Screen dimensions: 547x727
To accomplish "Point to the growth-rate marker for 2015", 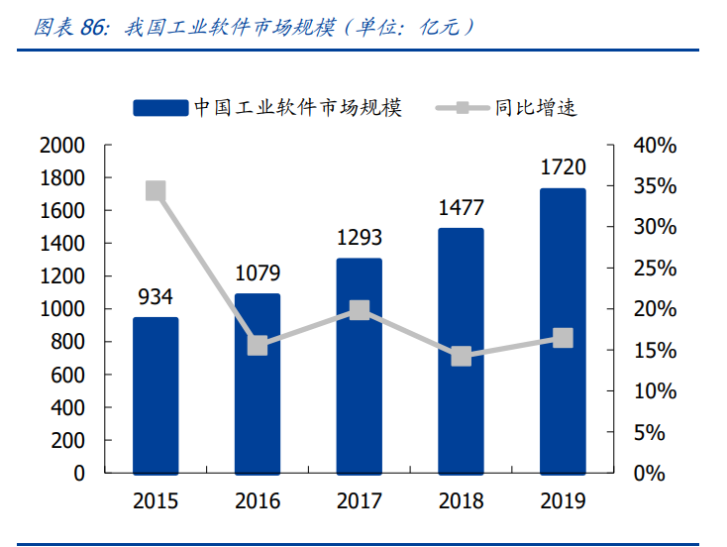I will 156,191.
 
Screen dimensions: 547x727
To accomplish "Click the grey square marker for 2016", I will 258,345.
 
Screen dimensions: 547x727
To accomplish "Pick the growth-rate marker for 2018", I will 461,356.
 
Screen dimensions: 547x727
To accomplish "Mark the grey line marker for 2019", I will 562,339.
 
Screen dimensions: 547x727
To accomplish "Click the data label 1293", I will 359,238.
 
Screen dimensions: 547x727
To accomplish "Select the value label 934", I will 156,296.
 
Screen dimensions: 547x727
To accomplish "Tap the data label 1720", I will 562,167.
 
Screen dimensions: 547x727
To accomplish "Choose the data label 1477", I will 461,208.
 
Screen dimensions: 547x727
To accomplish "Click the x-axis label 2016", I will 258,501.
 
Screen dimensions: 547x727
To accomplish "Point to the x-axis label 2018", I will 461,501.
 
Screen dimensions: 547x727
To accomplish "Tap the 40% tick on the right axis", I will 655,146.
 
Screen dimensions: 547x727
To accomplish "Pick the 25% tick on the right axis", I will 655,269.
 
